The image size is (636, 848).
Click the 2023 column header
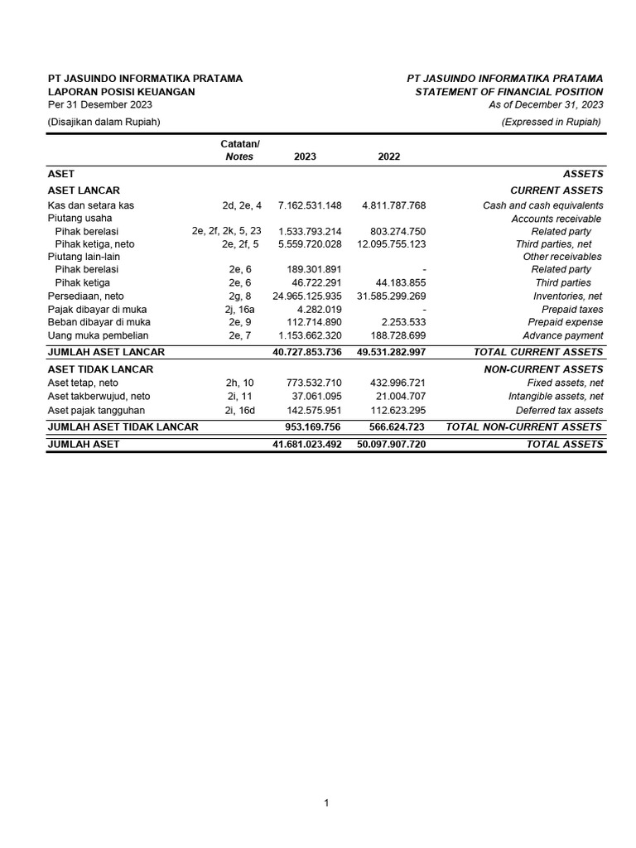point(304,157)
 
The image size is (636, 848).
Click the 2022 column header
point(388,157)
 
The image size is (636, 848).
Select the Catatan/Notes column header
point(239,150)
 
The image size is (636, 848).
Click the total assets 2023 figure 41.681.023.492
point(306,445)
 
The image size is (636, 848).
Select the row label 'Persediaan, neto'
point(85,296)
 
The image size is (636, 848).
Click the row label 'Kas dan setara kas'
point(91,205)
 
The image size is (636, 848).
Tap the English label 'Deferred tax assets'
point(559,410)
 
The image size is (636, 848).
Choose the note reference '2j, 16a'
point(239,309)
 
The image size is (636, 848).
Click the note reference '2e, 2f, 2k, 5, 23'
point(226,231)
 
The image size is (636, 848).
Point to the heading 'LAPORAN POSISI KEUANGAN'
point(122,92)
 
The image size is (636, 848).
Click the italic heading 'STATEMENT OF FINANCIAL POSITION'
point(508,92)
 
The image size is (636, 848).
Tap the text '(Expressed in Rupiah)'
point(552,122)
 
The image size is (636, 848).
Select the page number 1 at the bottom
point(326,803)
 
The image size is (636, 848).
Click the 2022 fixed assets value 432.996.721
point(395,383)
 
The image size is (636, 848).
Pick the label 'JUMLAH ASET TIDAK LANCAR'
point(123,426)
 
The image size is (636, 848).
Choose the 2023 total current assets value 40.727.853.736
point(306,352)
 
